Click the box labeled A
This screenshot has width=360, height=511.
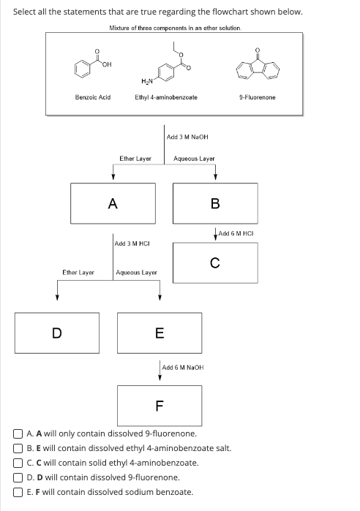click(x=113, y=204)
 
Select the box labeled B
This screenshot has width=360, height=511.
click(x=215, y=204)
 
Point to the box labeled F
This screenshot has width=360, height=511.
click(x=160, y=405)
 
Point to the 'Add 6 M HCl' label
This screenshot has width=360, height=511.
click(x=235, y=233)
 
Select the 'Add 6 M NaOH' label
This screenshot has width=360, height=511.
click(x=182, y=367)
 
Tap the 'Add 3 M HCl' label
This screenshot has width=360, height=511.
click(x=132, y=242)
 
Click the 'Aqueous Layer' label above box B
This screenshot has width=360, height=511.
click(x=194, y=158)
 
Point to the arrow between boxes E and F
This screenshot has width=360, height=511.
click(x=160, y=371)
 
